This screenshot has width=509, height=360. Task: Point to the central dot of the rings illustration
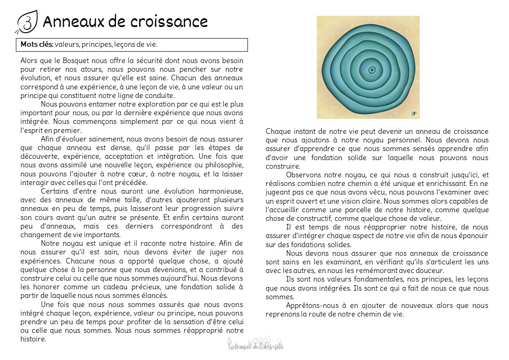pos(372,70)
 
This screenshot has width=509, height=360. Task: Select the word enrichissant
pos(445,184)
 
